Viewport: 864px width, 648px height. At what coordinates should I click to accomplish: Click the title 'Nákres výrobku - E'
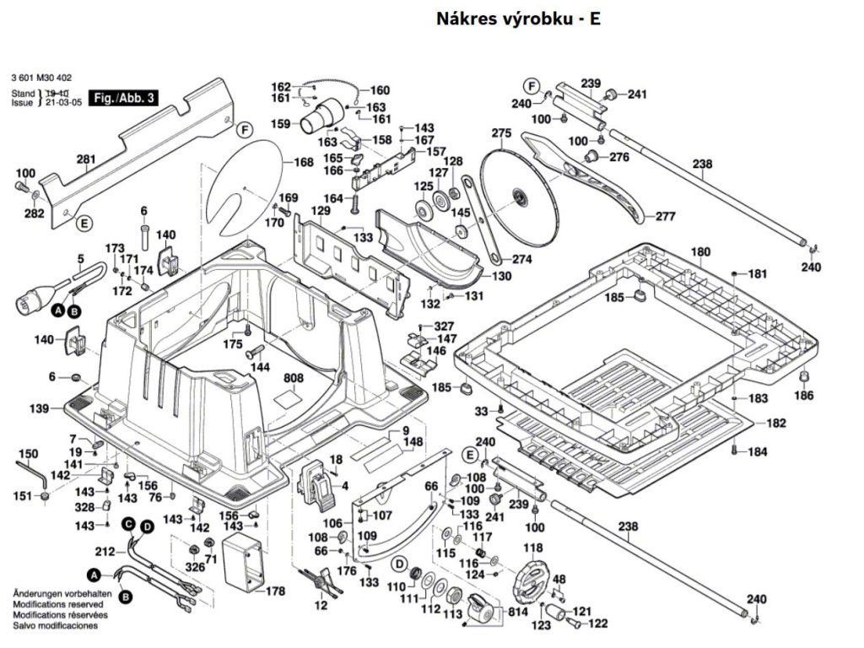(518, 19)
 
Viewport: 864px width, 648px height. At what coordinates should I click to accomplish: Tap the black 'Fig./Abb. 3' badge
(124, 98)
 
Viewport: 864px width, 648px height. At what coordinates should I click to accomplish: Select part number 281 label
(86, 159)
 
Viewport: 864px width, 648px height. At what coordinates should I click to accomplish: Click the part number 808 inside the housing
(293, 379)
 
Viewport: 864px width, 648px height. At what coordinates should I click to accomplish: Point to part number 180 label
(701, 251)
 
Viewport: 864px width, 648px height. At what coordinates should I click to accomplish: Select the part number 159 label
(281, 124)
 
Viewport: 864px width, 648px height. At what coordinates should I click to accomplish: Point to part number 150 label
(28, 454)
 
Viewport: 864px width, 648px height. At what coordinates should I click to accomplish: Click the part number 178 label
(275, 591)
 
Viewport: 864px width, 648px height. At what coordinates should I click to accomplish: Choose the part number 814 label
(517, 611)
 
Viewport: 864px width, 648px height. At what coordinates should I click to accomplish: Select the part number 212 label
(104, 553)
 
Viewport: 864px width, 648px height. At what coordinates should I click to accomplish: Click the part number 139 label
(39, 408)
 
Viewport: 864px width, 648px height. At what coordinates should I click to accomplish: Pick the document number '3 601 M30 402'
(41, 77)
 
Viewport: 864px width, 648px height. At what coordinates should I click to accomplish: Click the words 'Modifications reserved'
(57, 605)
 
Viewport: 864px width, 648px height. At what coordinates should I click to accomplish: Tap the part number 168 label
(304, 163)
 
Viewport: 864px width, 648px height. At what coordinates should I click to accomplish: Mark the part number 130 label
(501, 276)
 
